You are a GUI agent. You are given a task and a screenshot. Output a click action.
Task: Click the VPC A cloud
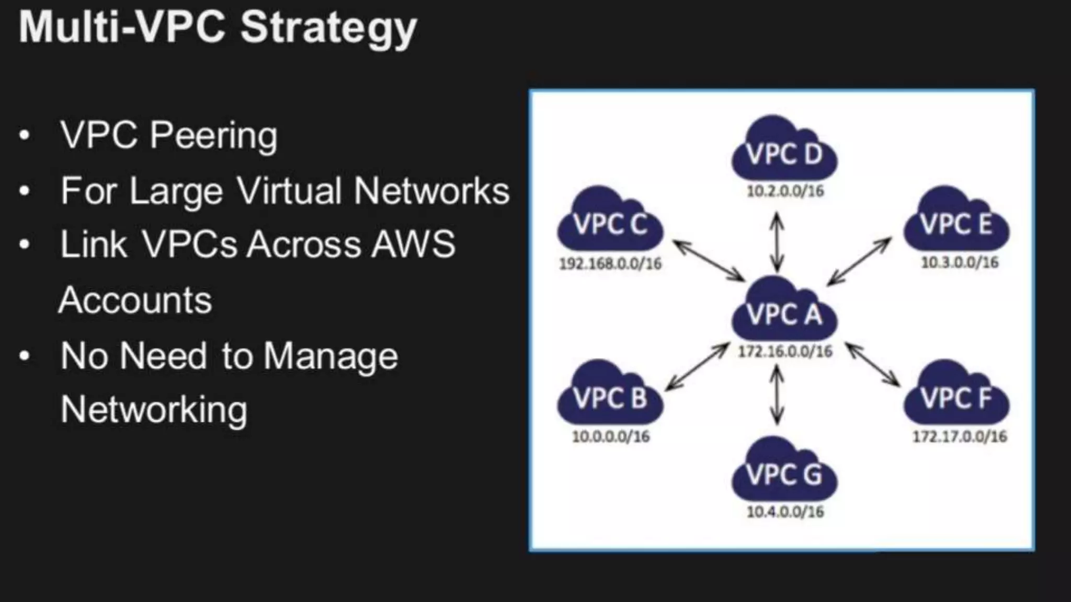pos(784,311)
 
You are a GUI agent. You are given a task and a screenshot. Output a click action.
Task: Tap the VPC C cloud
pos(610,222)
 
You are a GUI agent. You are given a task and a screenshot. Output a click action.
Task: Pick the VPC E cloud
pos(957,222)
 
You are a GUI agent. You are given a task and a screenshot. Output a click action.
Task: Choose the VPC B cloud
pos(610,396)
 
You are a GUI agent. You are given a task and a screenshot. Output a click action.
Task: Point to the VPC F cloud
pos(957,396)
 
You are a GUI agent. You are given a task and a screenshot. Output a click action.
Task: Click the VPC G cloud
pos(784,472)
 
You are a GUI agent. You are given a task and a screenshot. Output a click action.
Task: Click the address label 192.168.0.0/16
pos(610,263)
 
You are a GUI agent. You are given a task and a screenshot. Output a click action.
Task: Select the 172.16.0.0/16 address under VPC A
pos(784,351)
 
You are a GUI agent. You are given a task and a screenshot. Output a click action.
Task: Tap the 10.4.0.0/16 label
pos(784,511)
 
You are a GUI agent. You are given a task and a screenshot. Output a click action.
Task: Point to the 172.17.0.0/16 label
pos(960,436)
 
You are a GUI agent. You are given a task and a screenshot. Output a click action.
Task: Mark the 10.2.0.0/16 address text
pos(784,191)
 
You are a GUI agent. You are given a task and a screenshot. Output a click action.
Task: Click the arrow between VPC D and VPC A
pos(777,241)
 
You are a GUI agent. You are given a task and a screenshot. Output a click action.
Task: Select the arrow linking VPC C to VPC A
pos(709,260)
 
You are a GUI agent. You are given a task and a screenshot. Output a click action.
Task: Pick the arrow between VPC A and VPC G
pos(777,395)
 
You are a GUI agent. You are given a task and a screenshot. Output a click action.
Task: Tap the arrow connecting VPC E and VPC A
pos(859,261)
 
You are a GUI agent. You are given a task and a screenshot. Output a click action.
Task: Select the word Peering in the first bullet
pos(213,135)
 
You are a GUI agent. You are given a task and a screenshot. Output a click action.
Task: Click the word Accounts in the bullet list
pos(135,300)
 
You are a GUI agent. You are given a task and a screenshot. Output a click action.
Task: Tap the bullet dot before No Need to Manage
pos(24,356)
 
